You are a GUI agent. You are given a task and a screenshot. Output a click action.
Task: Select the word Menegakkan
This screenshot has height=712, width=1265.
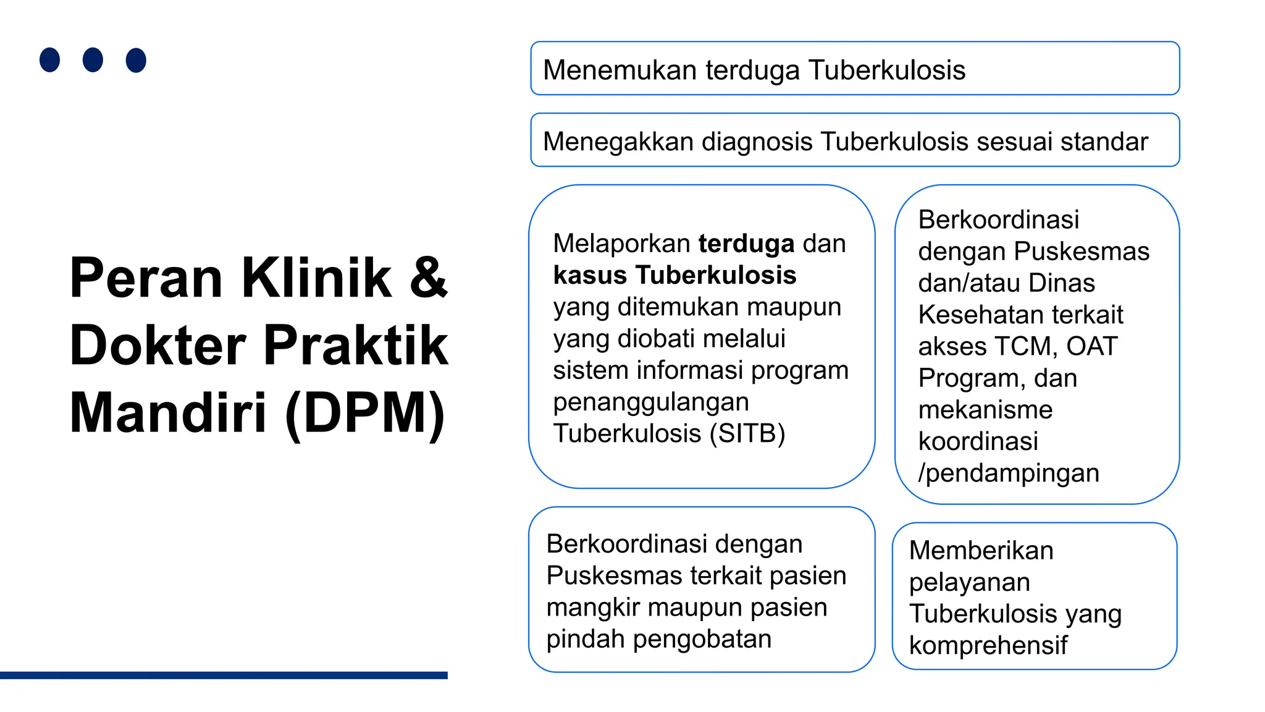[618, 142]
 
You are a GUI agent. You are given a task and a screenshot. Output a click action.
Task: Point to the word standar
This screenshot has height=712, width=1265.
[1104, 142]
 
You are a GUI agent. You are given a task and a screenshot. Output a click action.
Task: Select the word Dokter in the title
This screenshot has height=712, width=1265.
[158, 346]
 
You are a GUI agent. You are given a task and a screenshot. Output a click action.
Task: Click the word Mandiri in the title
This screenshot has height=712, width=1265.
[168, 413]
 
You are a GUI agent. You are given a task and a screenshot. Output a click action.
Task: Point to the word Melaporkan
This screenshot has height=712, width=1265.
[621, 244]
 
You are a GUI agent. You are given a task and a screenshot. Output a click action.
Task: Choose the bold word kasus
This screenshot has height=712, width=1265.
[590, 275]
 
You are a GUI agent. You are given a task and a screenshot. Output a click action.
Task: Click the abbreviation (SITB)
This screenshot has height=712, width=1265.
[747, 433]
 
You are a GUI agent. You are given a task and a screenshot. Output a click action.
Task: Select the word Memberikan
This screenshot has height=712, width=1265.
[981, 551]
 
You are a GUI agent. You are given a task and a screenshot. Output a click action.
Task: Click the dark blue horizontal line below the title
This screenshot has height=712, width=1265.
[224, 675]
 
